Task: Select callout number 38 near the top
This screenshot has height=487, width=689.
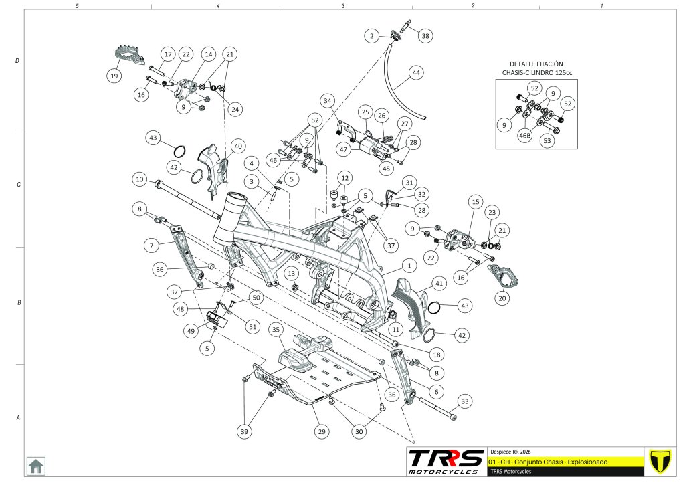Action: pos(426,36)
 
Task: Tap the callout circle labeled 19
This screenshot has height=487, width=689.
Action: pos(114,76)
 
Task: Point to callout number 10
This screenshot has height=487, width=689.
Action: pos(139,179)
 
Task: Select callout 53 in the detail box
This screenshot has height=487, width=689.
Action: pos(549,141)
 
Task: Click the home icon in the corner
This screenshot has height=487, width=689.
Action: pos(35,466)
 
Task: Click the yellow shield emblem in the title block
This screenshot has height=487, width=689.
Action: pos(660,460)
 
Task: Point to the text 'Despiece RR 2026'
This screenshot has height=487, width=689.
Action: pos(510,451)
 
